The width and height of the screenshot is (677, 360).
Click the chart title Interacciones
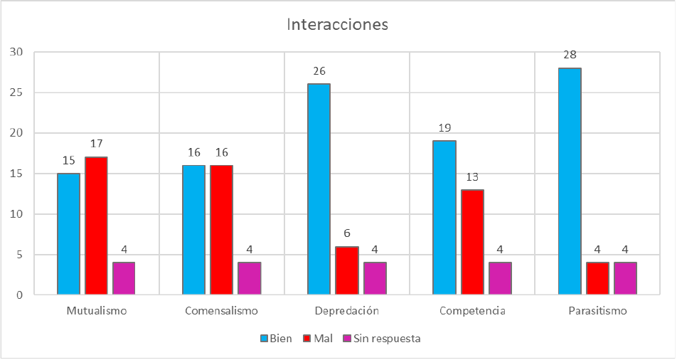338,24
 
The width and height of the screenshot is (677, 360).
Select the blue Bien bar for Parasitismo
570,181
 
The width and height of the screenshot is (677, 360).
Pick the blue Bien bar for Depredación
319,189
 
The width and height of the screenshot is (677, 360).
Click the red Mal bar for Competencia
472,242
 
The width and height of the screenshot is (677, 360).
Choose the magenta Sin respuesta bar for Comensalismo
249,278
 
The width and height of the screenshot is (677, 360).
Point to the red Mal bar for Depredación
346,270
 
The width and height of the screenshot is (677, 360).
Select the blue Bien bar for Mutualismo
68,234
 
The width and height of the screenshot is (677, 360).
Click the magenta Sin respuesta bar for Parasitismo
625,278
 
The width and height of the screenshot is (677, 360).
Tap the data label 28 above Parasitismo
570,55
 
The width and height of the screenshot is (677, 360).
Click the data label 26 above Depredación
319,71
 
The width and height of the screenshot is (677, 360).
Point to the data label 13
472,176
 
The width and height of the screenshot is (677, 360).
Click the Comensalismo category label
221,311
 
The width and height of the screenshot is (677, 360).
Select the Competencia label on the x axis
472,311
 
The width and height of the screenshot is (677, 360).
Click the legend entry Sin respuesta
388,339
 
